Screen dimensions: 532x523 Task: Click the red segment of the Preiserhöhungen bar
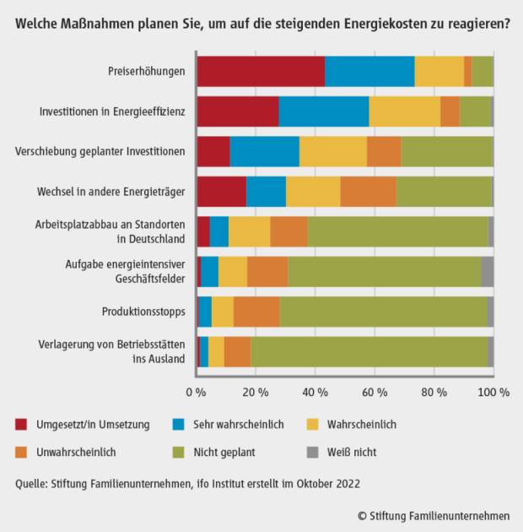pos(260,71)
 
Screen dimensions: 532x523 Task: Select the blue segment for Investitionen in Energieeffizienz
pos(323,111)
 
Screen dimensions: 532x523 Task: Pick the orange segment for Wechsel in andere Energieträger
pos(368,192)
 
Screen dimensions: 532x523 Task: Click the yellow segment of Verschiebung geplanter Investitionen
pos(332,152)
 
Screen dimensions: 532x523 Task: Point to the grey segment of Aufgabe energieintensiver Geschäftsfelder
pos(487,272)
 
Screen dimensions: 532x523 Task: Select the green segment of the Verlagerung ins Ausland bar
pos(369,352)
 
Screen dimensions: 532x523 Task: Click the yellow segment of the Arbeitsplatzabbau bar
pos(249,231)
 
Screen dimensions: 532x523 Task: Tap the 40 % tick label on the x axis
pos(315,392)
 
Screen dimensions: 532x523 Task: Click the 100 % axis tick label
pos(493,392)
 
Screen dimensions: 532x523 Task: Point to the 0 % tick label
pos(196,392)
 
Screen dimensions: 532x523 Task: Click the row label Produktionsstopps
pos(144,312)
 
